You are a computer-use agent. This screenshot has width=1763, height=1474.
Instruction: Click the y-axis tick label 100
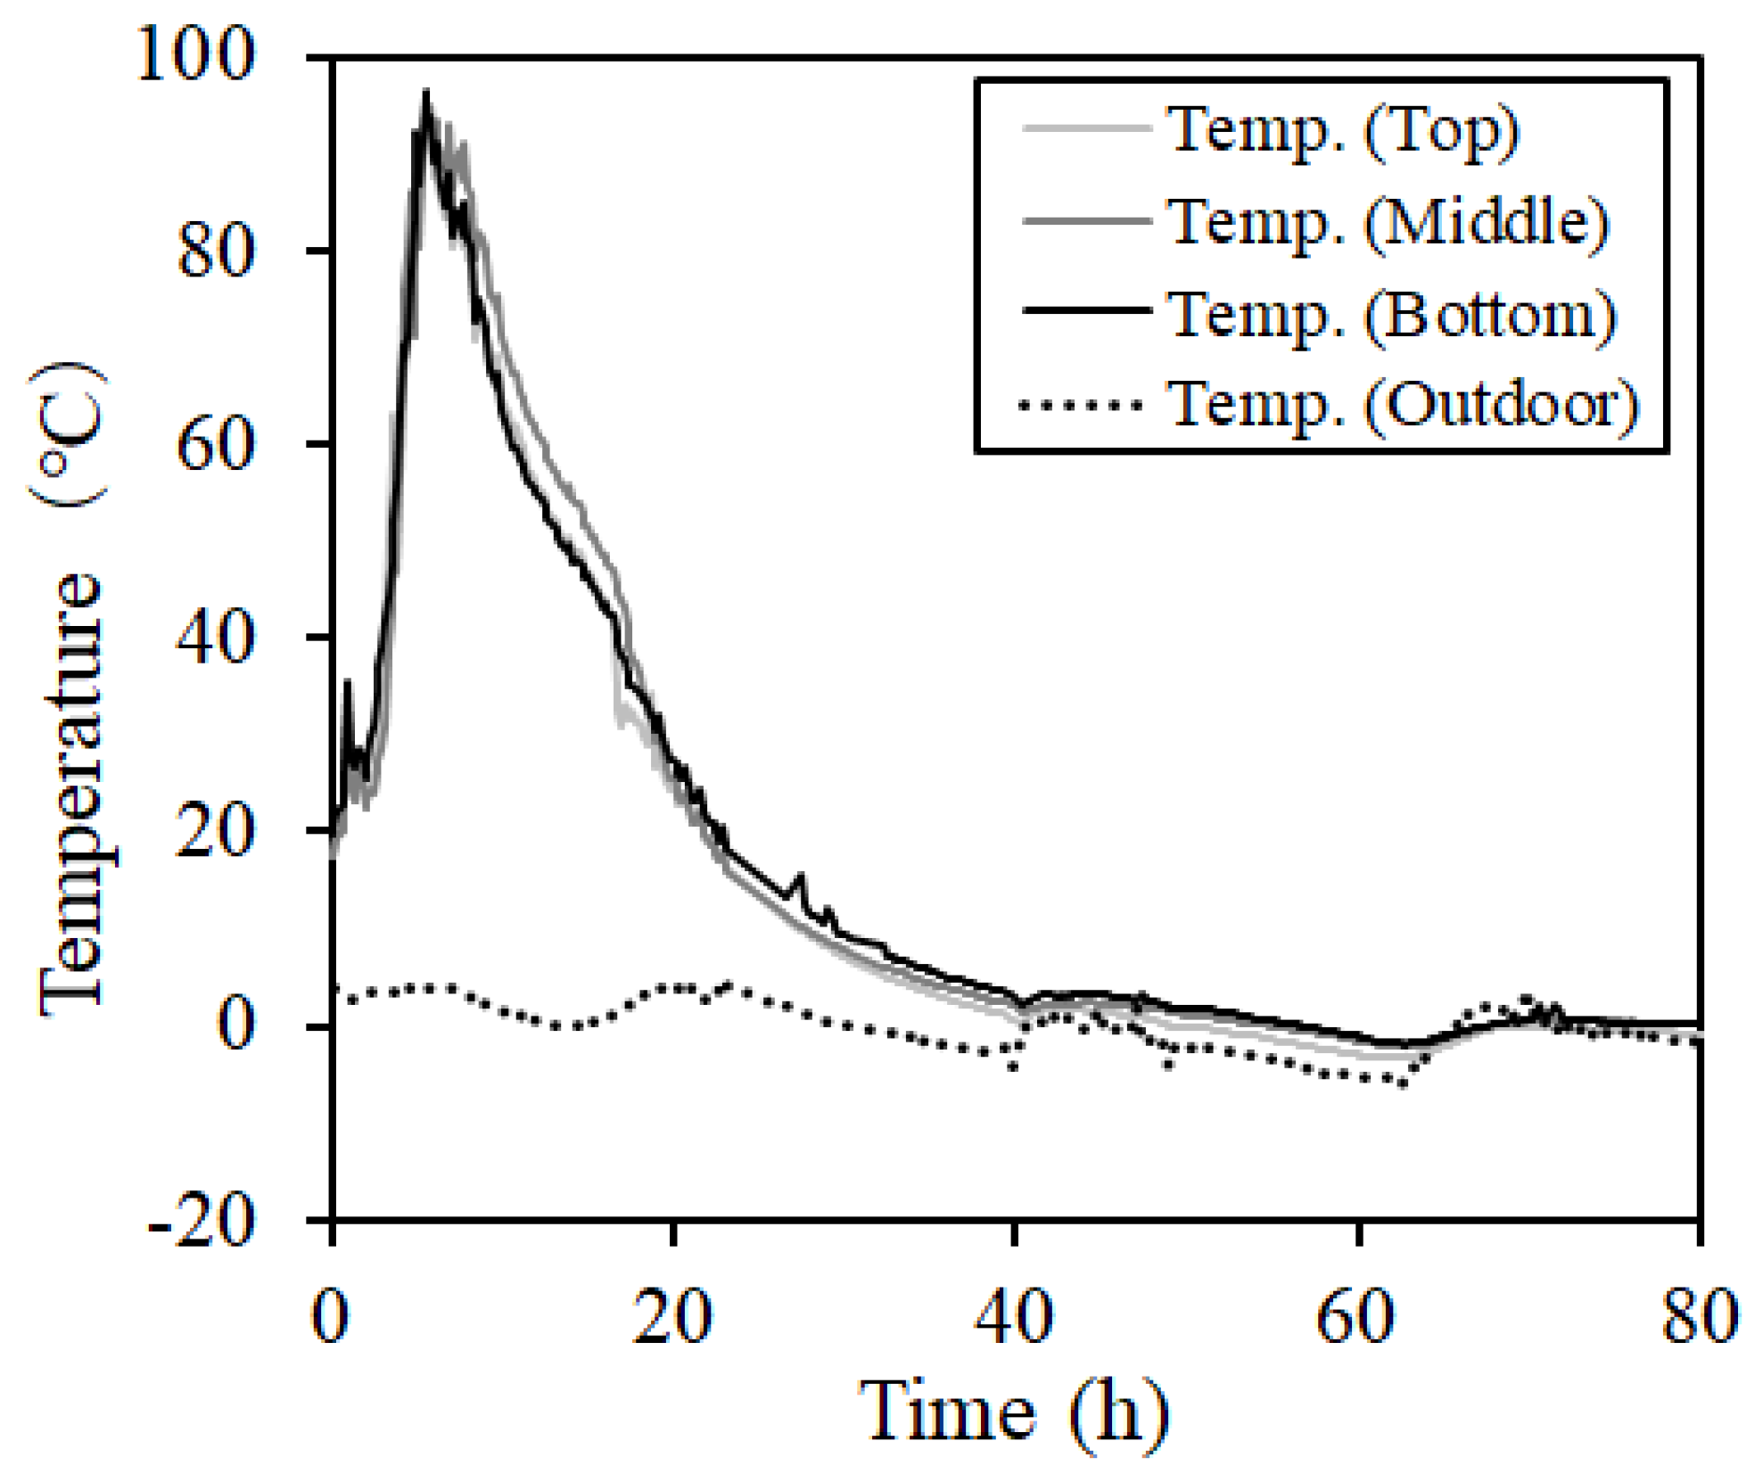[x=195, y=55]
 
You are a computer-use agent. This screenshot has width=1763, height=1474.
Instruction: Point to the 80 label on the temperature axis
[x=216, y=251]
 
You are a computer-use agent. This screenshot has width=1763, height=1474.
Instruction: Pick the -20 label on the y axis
[x=202, y=1219]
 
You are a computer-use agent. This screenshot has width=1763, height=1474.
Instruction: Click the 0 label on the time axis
[x=331, y=1316]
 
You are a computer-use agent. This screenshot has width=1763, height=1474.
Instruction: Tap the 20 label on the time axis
[x=672, y=1316]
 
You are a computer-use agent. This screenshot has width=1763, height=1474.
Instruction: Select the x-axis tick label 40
[x=1014, y=1316]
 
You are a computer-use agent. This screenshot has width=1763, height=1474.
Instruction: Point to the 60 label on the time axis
[x=1355, y=1316]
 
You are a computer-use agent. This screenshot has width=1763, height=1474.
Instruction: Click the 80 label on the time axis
[x=1699, y=1316]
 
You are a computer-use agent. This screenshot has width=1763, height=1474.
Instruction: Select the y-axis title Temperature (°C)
[x=71, y=687]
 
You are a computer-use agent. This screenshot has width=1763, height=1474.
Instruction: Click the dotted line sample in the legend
[x=1081, y=406]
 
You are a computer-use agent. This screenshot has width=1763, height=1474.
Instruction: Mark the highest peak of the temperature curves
[x=426, y=93]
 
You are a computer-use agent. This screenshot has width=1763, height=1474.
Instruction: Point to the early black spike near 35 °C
[x=348, y=683]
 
